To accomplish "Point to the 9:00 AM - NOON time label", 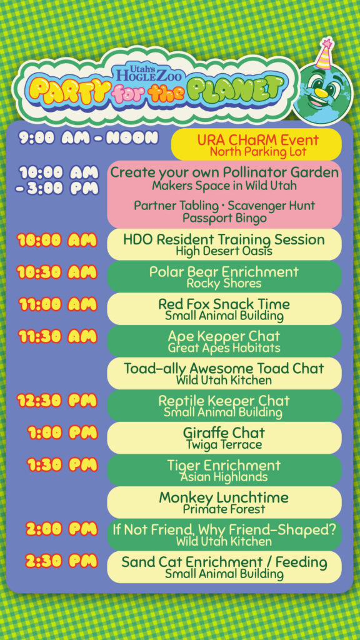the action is pyautogui.click(x=89, y=138).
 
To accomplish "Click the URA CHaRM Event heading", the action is pyautogui.click(x=257, y=140).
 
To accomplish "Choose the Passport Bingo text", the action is pyautogui.click(x=224, y=218).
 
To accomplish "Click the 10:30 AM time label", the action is pyautogui.click(x=57, y=272).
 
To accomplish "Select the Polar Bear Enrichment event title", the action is pyautogui.click(x=224, y=272).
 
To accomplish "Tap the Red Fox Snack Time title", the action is pyautogui.click(x=224, y=304).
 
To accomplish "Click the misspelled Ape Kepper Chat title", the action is pyautogui.click(x=224, y=336).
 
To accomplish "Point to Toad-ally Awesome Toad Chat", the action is pyautogui.click(x=224, y=368).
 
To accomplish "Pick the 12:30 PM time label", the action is pyautogui.click(x=57, y=401).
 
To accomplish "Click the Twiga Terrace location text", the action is pyautogui.click(x=224, y=444).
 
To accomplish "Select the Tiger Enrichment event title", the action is pyautogui.click(x=224, y=465).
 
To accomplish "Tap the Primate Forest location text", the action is pyautogui.click(x=224, y=509).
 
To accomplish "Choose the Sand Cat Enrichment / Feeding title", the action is pyautogui.click(x=224, y=562).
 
